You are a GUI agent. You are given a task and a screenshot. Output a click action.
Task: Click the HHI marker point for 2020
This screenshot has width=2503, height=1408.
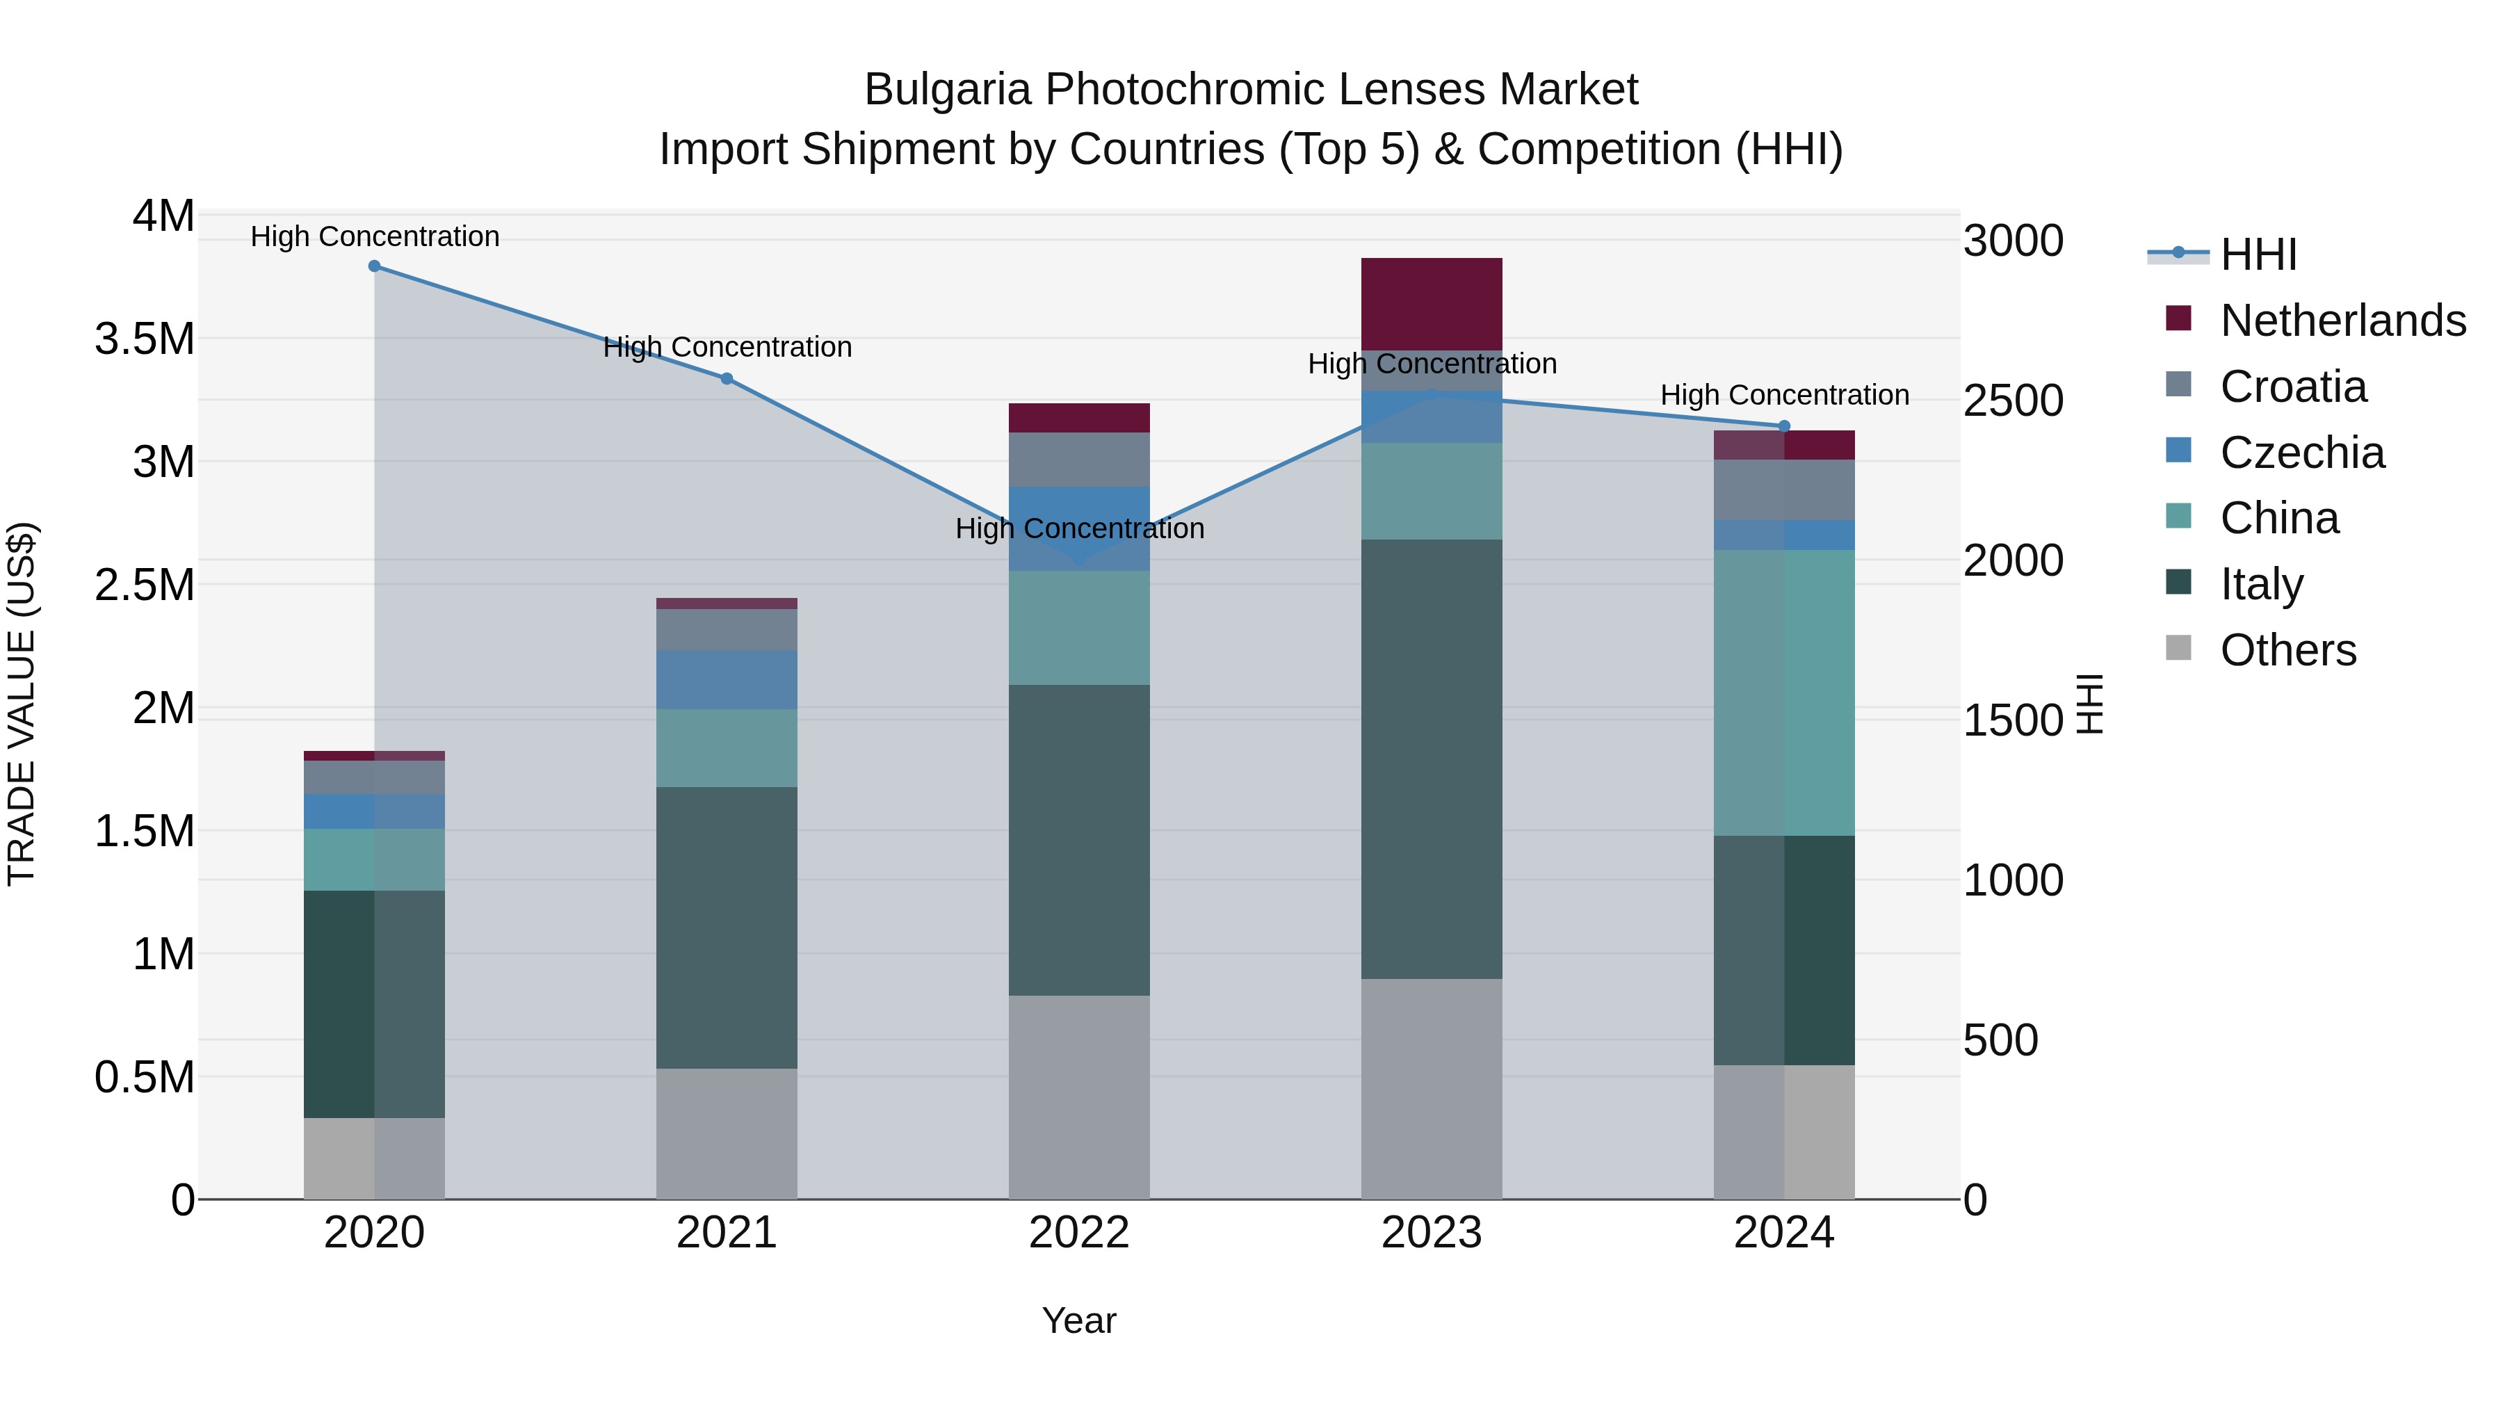coord(374,266)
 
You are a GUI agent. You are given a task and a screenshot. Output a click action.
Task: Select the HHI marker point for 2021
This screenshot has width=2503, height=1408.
coord(727,379)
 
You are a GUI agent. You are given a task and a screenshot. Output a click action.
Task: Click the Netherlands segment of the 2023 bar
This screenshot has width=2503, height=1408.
coord(1432,304)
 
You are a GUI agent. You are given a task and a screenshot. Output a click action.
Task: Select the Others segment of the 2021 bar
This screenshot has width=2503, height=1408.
coord(727,1133)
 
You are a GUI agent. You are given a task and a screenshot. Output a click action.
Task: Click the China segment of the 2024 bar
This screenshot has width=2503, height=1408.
coord(1784,693)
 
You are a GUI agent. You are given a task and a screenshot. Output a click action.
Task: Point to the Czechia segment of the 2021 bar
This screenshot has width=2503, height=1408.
coord(727,679)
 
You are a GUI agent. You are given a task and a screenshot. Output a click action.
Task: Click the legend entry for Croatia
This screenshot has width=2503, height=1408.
coord(2293,387)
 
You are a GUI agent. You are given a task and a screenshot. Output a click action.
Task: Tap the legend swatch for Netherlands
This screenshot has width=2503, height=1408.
coord(2178,318)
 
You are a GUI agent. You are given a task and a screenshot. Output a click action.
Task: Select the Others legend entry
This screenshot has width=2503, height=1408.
coord(2287,650)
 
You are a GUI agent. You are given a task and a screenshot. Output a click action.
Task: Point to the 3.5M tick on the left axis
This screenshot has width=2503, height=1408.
coord(145,339)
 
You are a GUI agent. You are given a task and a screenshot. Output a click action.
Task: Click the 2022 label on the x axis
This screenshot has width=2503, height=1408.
coord(1078,1233)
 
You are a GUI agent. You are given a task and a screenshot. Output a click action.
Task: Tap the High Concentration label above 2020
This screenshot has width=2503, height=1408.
coord(375,236)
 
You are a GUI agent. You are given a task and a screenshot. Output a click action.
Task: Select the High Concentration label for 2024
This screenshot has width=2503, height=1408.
coord(1784,396)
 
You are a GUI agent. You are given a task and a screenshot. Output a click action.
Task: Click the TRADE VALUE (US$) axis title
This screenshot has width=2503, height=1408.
coord(22,704)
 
